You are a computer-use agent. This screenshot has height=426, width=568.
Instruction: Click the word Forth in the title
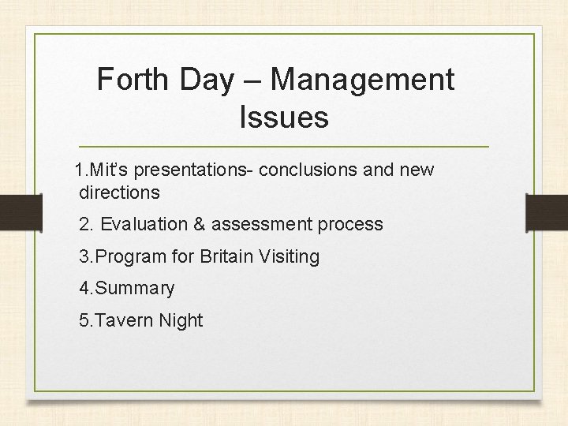tap(133, 80)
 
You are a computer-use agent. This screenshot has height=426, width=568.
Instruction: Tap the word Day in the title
tap(207, 80)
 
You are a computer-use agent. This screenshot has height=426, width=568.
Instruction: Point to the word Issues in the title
tap(283, 118)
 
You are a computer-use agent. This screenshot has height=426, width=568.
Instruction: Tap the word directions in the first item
tap(119, 192)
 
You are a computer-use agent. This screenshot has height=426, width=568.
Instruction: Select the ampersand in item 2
tap(199, 224)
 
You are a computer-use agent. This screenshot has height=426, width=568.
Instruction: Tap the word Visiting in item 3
tap(293, 256)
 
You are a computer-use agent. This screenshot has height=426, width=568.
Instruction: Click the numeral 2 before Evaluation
tap(84, 224)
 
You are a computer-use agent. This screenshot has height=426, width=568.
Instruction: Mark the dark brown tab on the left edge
tap(21, 212)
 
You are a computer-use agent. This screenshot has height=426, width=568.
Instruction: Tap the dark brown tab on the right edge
tap(547, 212)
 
